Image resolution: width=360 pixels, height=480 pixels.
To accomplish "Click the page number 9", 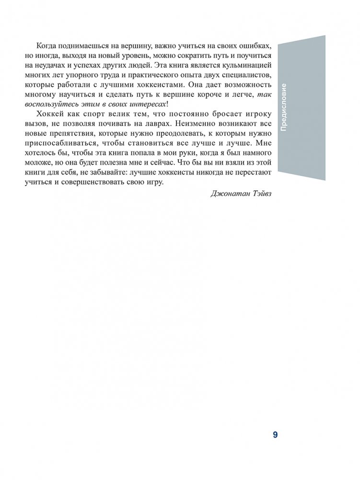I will pos(275,435).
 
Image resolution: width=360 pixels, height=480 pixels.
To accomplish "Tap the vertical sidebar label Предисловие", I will pos(284,107).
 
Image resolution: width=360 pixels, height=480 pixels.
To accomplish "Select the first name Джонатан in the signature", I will pos(227,194).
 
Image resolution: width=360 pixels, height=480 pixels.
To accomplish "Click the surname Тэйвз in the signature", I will pos(259,194).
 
